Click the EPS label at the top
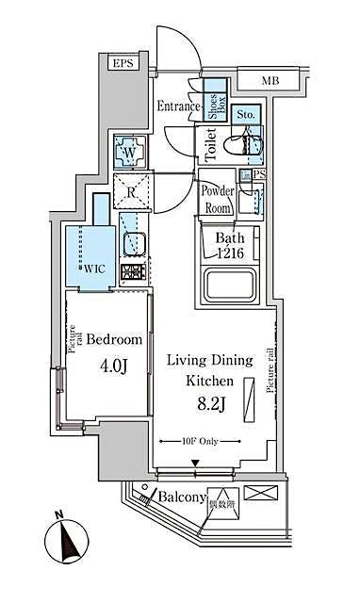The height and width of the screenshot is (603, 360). (x=123, y=63)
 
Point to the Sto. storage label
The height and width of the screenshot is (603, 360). (x=246, y=114)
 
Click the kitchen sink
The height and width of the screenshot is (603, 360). (x=132, y=245)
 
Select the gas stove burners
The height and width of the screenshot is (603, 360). (x=131, y=273)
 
